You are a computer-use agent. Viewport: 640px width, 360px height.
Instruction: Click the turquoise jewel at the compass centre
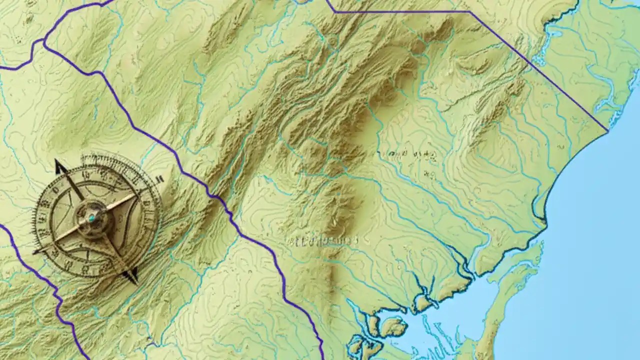pos(91,218)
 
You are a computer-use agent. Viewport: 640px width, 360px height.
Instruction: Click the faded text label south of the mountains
pos(322,241)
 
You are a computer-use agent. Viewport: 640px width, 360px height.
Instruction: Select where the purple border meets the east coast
pos(607,131)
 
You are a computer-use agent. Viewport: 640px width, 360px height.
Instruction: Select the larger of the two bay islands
pos(393,327)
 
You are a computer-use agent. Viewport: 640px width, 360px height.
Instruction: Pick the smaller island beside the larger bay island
pos(373,324)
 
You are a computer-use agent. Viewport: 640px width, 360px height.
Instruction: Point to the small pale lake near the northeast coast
pos(552,35)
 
